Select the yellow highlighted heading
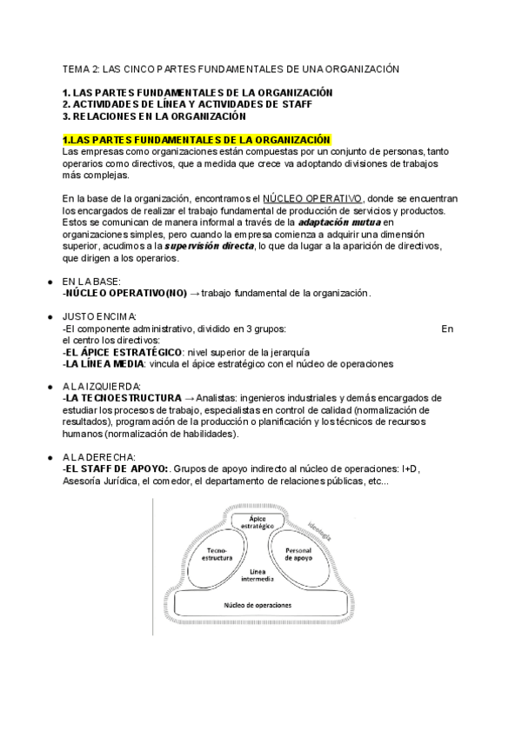(197, 140)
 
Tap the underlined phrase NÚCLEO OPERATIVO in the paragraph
(313, 198)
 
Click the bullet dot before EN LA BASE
(49, 282)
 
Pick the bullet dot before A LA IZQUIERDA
(49, 386)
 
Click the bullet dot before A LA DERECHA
(49, 457)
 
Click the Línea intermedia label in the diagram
(258, 575)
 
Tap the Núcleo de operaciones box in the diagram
(258, 604)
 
